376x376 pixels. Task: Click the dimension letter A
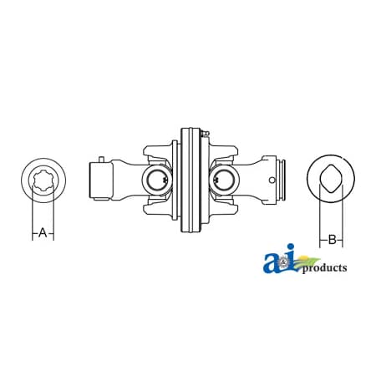[x=43, y=233]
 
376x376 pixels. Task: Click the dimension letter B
[x=332, y=240]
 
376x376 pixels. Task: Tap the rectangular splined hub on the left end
[x=99, y=179]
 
